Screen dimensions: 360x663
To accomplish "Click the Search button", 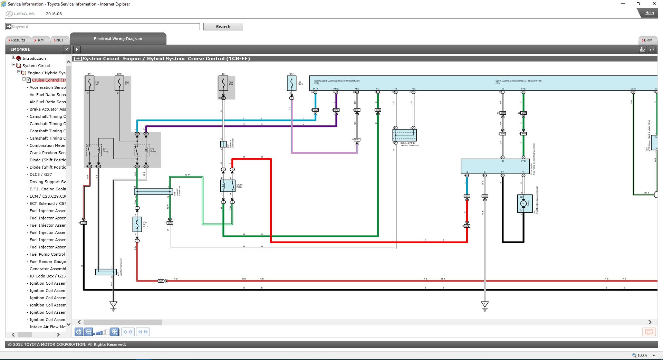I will (x=223, y=27).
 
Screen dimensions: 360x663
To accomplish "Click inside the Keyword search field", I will (x=104, y=27).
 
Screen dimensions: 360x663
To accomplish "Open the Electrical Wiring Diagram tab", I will (x=118, y=39).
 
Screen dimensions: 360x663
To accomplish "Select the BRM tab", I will (x=648, y=40).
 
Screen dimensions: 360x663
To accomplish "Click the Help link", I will (x=649, y=13).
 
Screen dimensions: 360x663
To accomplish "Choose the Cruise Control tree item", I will (x=49, y=80).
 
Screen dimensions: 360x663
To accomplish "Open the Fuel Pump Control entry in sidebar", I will (x=47, y=254).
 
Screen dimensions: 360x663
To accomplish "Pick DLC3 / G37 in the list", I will (x=41, y=174).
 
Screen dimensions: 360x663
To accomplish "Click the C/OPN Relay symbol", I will (x=228, y=186).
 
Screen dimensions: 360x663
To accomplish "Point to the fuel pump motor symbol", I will (x=523, y=203).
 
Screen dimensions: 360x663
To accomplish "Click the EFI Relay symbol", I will (x=142, y=150).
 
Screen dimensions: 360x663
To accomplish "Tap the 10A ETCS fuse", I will (x=291, y=83).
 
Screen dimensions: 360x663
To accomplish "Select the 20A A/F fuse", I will (x=89, y=83).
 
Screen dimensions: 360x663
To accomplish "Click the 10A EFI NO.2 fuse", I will (x=137, y=224).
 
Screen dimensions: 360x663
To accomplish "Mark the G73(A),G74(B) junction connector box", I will (x=404, y=135).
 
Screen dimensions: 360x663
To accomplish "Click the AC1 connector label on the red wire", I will (x=161, y=281).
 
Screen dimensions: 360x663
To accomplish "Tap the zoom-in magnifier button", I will (x=115, y=332).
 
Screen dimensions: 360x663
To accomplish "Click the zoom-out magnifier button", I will (x=88, y=332).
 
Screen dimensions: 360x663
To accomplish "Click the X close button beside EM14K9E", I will (x=67, y=49).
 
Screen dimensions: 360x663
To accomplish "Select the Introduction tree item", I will (x=34, y=58).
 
